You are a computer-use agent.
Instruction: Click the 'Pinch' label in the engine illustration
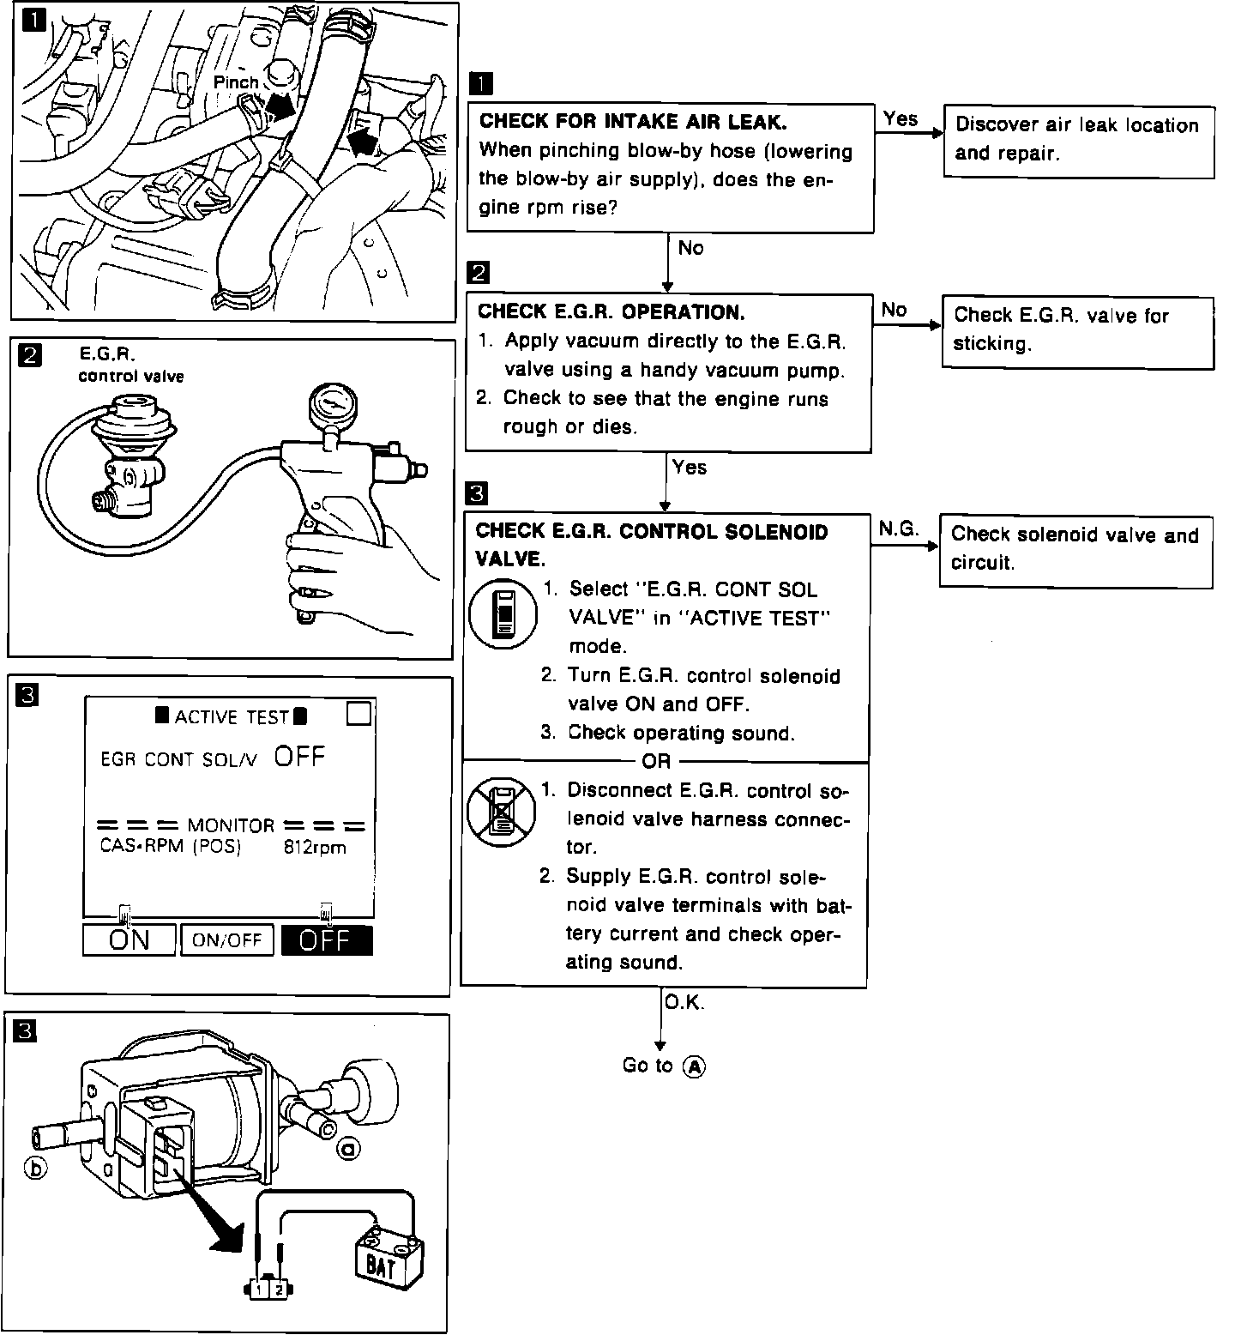[x=236, y=82]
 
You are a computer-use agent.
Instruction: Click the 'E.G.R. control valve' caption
[x=130, y=365]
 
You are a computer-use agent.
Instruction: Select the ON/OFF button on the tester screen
[x=227, y=940]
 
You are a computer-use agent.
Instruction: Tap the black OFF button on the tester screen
[x=327, y=940]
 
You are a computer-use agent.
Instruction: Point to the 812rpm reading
[x=316, y=848]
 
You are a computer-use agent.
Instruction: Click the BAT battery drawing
[x=387, y=1259]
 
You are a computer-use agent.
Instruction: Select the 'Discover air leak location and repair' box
[x=1079, y=141]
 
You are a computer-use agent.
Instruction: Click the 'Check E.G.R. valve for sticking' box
[x=1077, y=331]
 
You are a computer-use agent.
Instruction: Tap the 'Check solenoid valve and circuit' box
[x=1075, y=550]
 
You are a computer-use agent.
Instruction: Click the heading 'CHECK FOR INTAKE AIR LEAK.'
[x=633, y=122]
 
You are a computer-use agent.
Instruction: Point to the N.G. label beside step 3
[x=898, y=529]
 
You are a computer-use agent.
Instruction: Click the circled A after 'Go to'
[x=694, y=1066]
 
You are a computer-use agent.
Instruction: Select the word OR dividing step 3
[x=656, y=761]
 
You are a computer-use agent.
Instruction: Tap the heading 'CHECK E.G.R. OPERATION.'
[x=611, y=311]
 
